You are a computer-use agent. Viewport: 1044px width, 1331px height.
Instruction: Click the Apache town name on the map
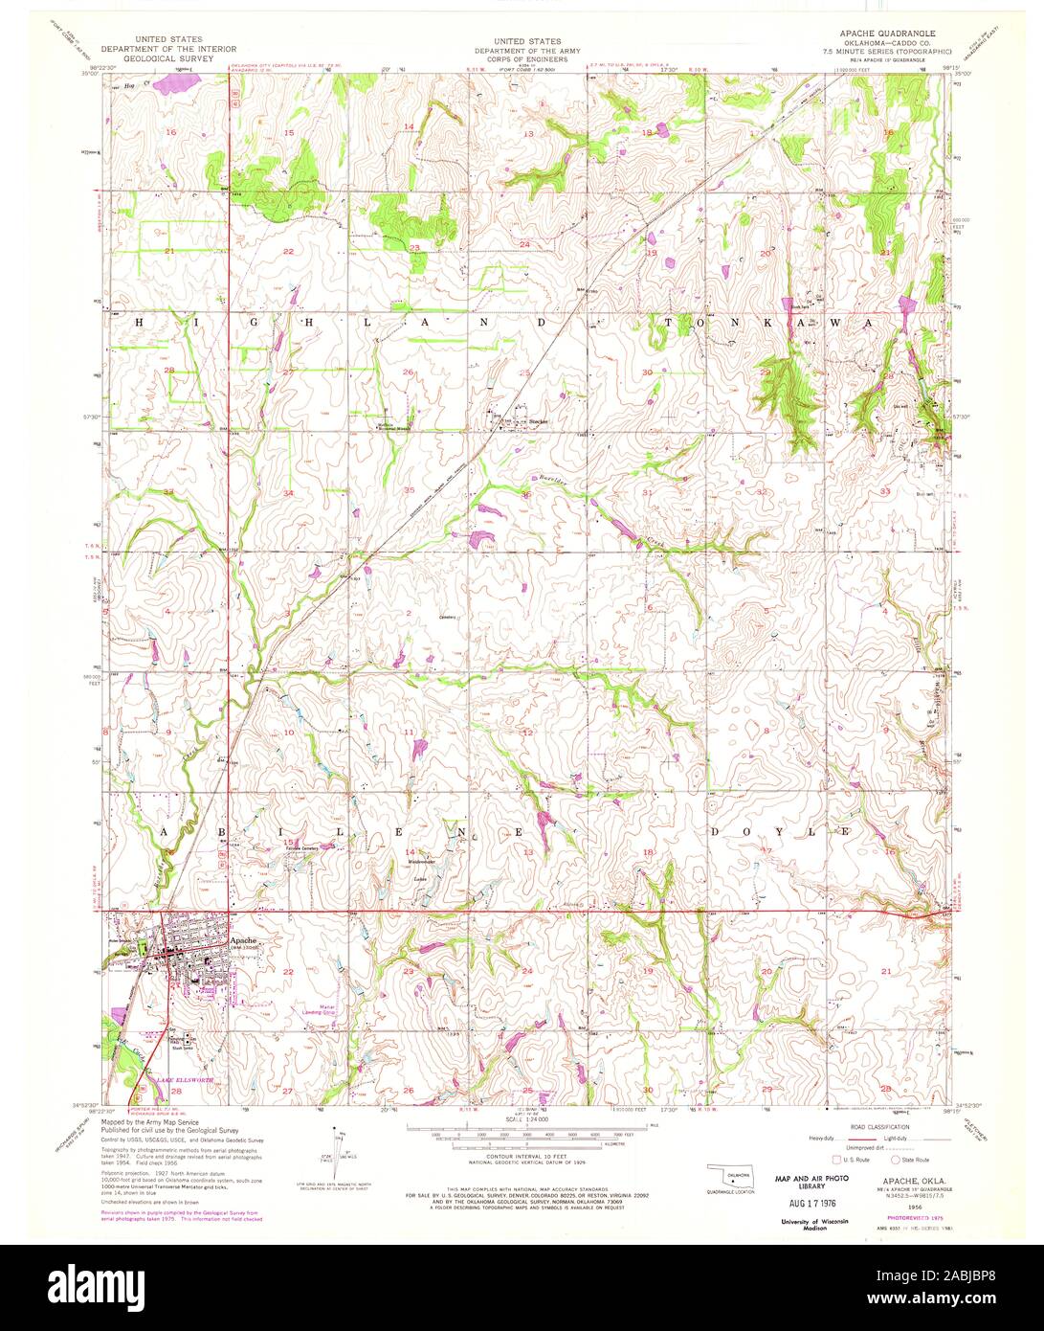242,940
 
